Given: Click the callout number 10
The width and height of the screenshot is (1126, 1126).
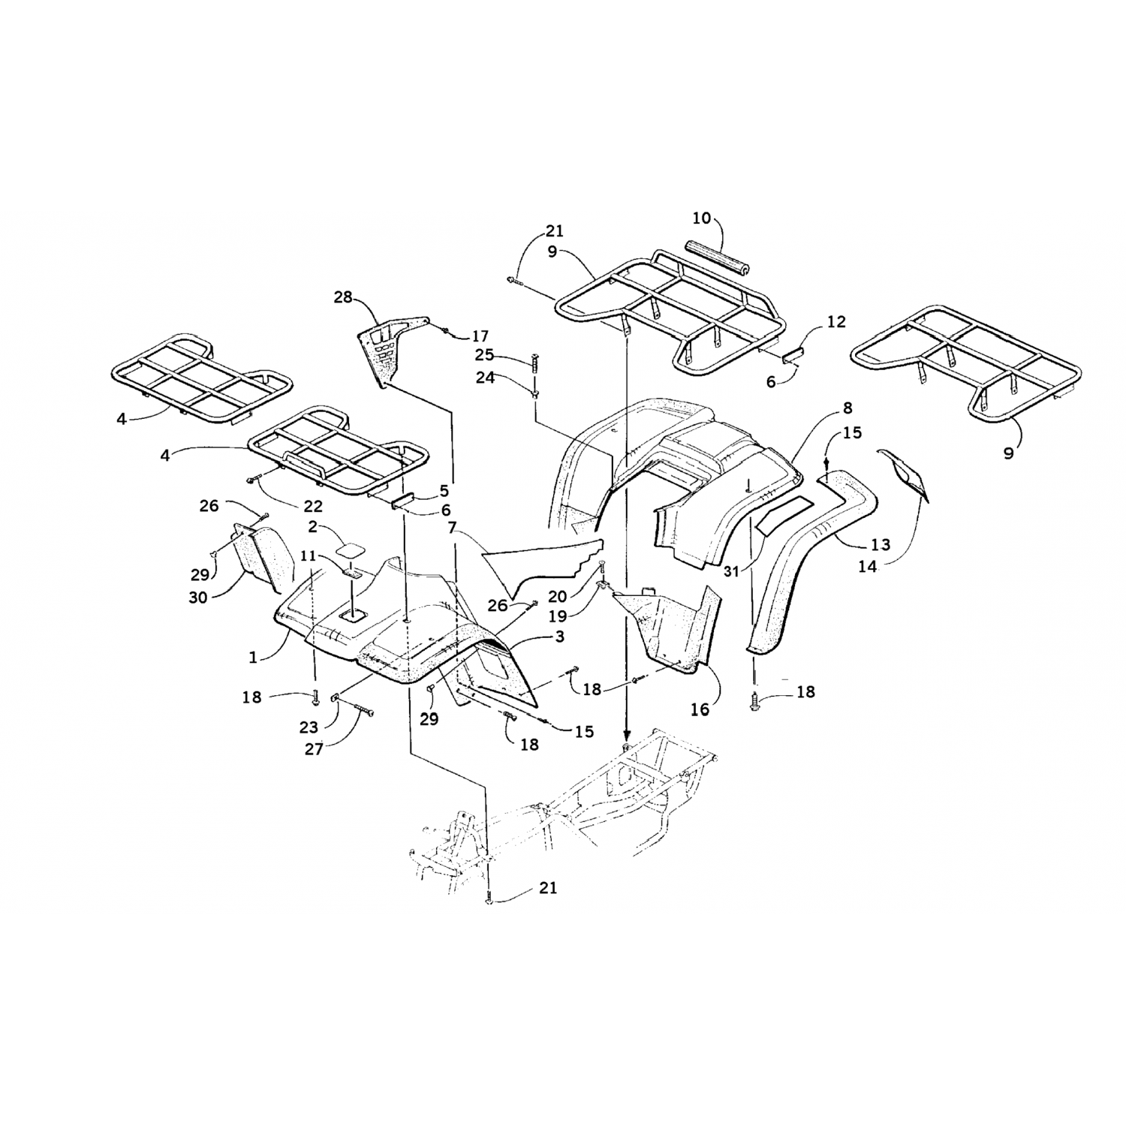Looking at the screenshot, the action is click(701, 218).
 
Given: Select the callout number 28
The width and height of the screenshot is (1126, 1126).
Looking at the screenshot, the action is click(343, 298).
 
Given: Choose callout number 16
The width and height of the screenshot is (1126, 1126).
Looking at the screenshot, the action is click(700, 709).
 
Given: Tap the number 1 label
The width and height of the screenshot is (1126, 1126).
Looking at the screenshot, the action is click(253, 657).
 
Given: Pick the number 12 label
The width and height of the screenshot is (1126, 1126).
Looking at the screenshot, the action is click(836, 322).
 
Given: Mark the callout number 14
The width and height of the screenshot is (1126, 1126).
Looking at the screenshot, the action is click(867, 567).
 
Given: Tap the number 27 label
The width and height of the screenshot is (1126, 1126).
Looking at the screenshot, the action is click(314, 748).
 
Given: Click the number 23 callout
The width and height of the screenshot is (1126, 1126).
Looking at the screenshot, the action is click(309, 727).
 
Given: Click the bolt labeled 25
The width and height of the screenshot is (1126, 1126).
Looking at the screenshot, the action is click(534, 367).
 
